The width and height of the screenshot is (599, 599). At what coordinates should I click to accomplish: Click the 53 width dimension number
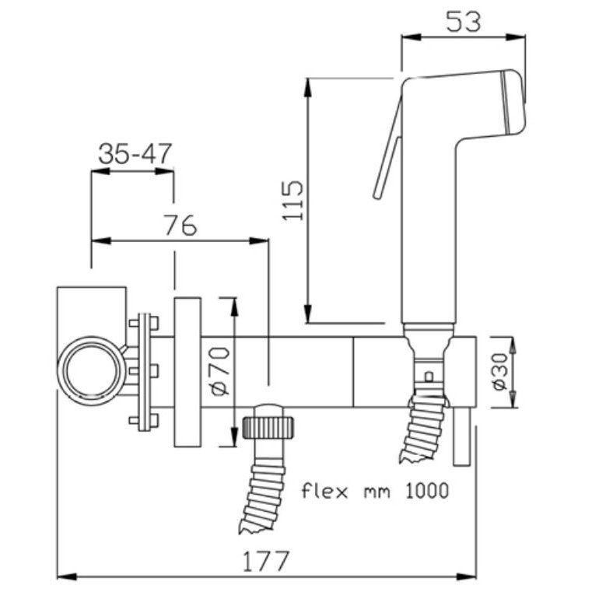[464, 21]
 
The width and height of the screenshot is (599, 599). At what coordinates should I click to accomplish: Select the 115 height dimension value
[292, 200]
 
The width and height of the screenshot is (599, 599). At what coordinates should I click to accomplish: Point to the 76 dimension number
[180, 226]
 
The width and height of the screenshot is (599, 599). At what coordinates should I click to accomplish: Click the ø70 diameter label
[220, 372]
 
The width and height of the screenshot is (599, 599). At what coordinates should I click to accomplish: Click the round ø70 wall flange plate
[187, 372]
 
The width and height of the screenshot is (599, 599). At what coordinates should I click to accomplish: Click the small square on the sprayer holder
[427, 378]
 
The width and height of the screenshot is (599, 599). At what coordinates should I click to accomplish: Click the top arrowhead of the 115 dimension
[310, 84]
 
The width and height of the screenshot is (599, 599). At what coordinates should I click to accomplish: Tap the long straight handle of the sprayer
[428, 233]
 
